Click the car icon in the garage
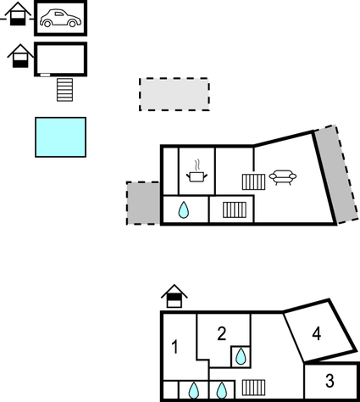pos(60,18)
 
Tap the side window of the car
pos(59,14)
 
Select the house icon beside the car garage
pos(18,14)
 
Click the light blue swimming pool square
pos(60,137)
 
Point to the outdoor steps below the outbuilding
pos(64,90)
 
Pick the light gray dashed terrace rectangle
pos(174,94)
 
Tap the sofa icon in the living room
pos(283,177)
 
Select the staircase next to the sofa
pos(253,182)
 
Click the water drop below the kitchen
pos(184,209)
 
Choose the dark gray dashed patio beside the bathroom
pos(143,203)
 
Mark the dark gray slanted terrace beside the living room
pos(336,174)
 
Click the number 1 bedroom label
pos(175,347)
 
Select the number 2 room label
pos(222,333)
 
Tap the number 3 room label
pos(330,381)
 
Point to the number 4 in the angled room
pos(317,333)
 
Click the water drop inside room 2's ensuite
pos(241,356)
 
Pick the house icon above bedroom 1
pos(174,296)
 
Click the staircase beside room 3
pos(253,388)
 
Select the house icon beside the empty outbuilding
pos(20,56)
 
